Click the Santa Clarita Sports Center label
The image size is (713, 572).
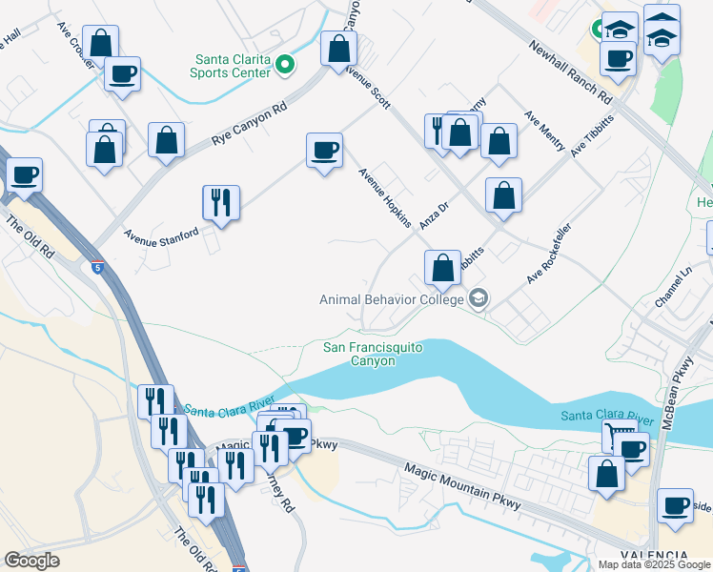click(x=232, y=64)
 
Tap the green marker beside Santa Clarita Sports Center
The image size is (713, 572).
click(x=286, y=65)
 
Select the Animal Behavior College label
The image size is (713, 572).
click(x=391, y=299)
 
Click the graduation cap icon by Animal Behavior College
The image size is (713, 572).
click(x=478, y=299)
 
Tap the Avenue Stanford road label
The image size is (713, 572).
click(x=160, y=233)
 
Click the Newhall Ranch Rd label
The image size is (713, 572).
click(x=570, y=71)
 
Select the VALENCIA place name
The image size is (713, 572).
click(x=654, y=556)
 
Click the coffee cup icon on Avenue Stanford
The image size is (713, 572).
click(x=324, y=151)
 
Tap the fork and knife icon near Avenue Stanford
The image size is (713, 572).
click(x=220, y=202)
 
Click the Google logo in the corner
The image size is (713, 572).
click(x=31, y=561)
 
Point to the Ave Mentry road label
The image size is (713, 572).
click(x=543, y=130)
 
